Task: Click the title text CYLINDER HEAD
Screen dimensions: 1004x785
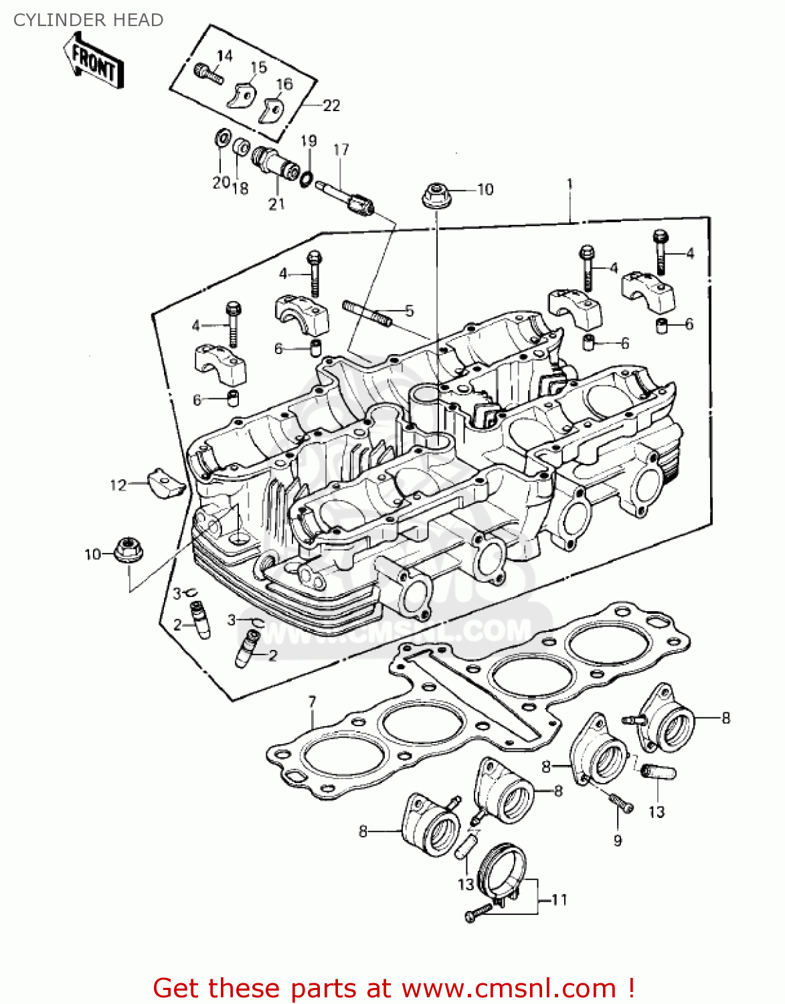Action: pos(88,20)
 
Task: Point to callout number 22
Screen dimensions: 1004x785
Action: pos(331,105)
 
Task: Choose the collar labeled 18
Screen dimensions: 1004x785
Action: pos(241,147)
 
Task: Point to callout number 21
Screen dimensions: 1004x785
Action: pos(276,204)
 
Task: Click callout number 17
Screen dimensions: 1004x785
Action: pos(341,149)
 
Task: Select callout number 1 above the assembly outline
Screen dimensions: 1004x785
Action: pos(570,183)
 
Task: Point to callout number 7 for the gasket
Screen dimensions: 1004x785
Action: pos(312,702)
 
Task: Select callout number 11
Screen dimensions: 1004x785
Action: pos(559,900)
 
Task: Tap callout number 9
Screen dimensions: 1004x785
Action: pos(618,840)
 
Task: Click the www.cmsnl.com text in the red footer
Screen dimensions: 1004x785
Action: pos(509,988)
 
